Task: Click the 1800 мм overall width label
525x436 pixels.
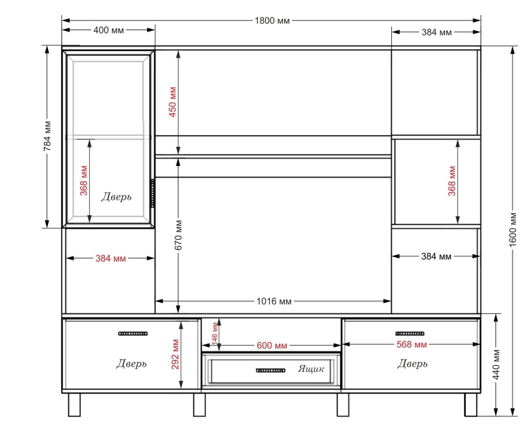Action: pyautogui.click(x=272, y=21)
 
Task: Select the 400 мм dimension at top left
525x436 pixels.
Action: pyautogui.click(x=108, y=30)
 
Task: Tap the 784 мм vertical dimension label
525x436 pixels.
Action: pyautogui.click(x=47, y=136)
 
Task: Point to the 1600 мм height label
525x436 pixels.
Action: pyautogui.click(x=513, y=229)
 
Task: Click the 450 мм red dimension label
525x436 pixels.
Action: pyautogui.click(x=173, y=102)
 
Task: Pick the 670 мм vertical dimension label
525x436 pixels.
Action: pyautogui.click(x=178, y=235)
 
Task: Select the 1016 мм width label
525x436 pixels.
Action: pyautogui.click(x=274, y=302)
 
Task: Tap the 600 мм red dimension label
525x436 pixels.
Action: pyautogui.click(x=272, y=346)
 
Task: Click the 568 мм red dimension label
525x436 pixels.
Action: pyautogui.click(x=411, y=344)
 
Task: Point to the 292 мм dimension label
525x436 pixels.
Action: pyautogui.click(x=175, y=354)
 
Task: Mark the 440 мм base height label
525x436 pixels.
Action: pyautogui.click(x=497, y=365)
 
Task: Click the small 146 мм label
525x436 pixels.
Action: pyautogui.click(x=215, y=332)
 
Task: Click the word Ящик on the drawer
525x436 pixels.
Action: pyautogui.click(x=311, y=368)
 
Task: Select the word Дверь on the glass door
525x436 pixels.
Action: pyautogui.click(x=116, y=197)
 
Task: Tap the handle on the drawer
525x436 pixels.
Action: pyautogui.click(x=270, y=370)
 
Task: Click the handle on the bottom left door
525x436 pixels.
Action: pyautogui.click(x=133, y=334)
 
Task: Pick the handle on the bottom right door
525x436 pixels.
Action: pyautogui.click(x=409, y=334)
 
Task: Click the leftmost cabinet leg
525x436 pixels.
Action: pyautogui.click(x=74, y=405)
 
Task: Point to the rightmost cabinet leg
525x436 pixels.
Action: pyautogui.click(x=471, y=405)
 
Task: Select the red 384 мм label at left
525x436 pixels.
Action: pyautogui.click(x=110, y=258)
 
